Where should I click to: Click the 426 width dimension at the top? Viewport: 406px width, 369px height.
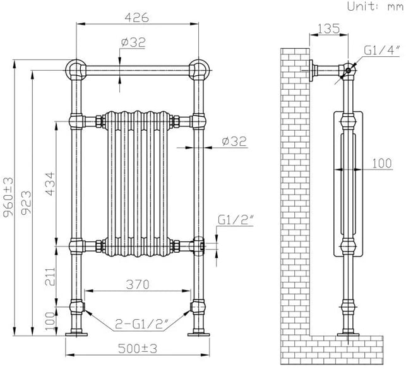coord(137,18)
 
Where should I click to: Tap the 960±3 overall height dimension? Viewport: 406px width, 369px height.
coord(8,197)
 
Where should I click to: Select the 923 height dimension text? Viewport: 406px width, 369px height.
coord(26,203)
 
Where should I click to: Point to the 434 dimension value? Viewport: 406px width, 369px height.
coord(51,184)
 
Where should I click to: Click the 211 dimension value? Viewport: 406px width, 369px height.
coord(51,277)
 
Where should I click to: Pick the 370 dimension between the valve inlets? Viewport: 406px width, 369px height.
coord(138,284)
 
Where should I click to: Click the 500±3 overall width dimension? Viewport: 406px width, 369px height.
coord(138,349)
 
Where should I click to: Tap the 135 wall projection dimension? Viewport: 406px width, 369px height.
coord(328,29)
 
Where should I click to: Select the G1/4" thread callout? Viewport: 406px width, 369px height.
coord(382,51)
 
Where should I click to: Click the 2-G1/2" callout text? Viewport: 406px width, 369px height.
coord(142,324)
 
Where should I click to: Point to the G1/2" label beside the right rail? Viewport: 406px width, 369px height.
coord(236,220)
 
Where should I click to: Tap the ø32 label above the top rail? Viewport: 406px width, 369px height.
coord(133,42)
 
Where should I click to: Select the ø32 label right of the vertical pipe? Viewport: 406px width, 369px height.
coord(234,142)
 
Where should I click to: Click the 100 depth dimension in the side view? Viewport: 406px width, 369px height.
coord(382,164)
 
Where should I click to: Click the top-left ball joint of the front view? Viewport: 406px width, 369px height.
coord(75,70)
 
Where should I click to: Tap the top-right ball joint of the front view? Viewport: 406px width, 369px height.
coord(199,70)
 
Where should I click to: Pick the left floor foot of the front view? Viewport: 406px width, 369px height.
coord(76,334)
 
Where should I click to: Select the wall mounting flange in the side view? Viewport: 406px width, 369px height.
coord(311,71)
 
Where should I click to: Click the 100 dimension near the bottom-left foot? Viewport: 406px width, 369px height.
coord(51,321)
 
